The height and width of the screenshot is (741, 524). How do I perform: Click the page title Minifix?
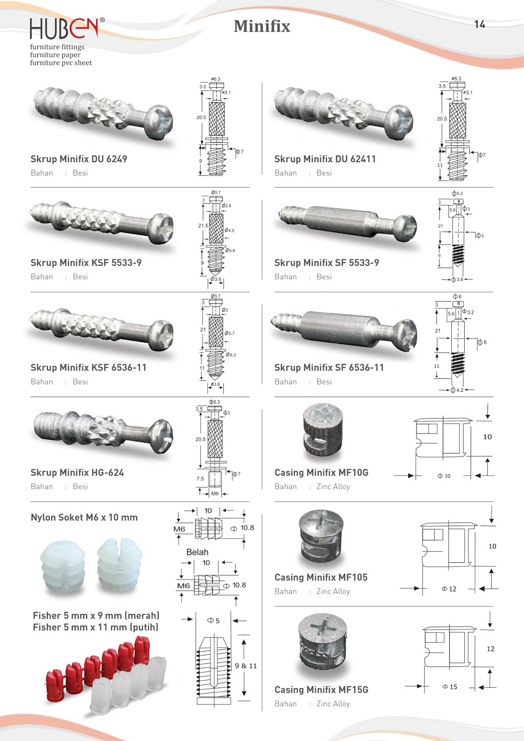coord(262,26)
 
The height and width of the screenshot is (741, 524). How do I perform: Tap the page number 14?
coord(480,25)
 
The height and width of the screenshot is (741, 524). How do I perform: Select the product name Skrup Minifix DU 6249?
coord(79,159)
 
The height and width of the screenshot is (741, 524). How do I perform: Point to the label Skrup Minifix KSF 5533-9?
coord(86,263)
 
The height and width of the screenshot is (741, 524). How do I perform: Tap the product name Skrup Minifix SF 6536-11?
coord(329,367)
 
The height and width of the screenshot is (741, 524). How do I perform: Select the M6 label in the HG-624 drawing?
coord(215,494)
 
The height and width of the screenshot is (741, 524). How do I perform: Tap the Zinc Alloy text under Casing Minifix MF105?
coord(333,591)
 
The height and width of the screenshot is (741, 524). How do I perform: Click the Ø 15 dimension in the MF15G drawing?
coord(450,687)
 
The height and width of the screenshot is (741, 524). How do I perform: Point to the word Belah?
coord(197,552)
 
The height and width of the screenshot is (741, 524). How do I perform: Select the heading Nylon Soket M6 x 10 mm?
coord(84,517)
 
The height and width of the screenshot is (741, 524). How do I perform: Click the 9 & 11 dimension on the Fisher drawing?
coord(246,666)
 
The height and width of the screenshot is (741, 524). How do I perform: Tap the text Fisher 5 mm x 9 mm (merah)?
coord(96,615)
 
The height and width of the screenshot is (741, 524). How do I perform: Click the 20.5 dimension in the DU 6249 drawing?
coord(201,118)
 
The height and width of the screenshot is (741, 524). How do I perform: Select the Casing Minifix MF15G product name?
coord(322,690)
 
